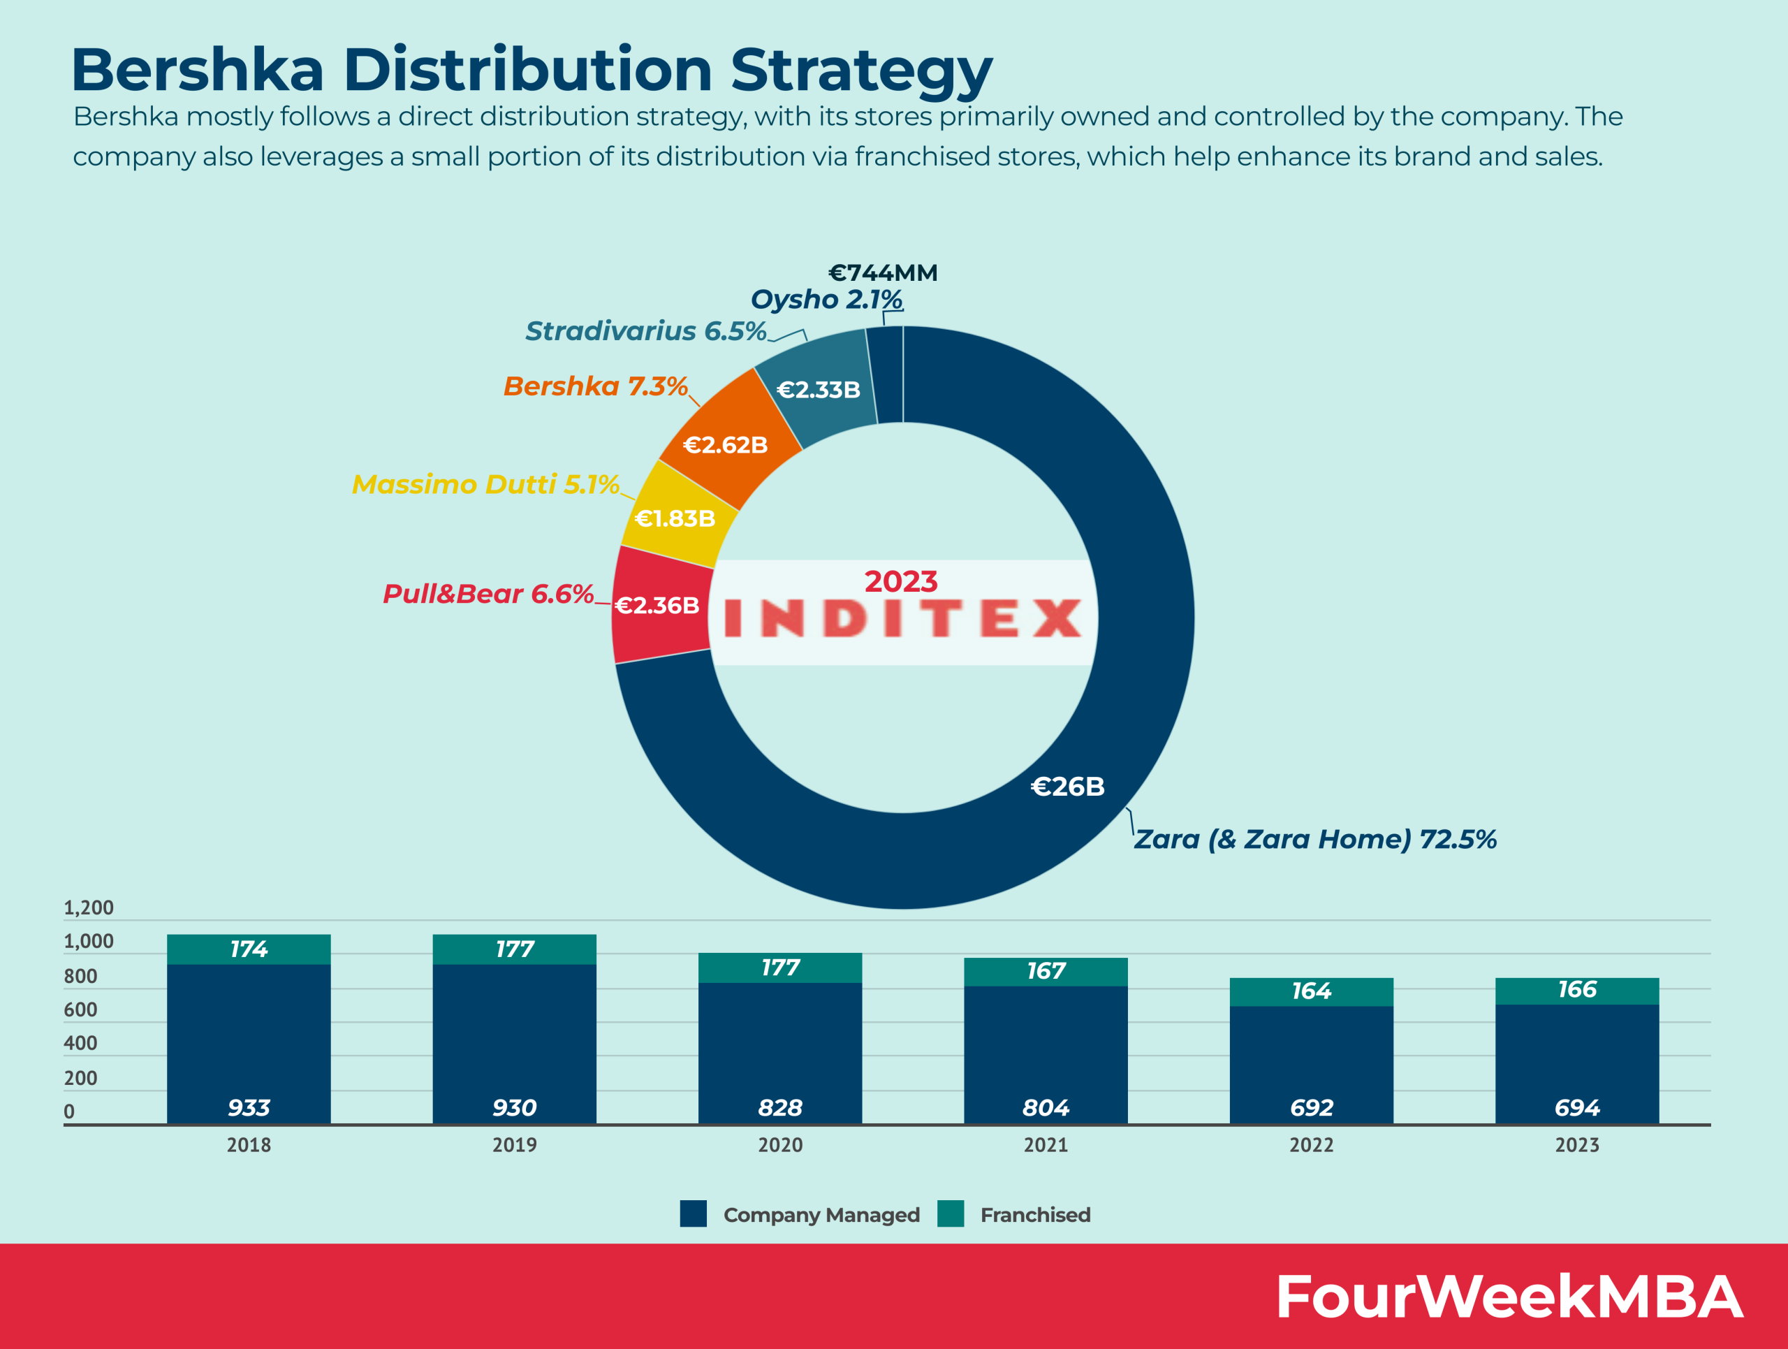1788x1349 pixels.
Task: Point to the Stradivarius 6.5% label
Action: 645,330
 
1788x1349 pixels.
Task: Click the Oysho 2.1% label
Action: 826,299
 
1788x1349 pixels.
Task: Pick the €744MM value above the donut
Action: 883,272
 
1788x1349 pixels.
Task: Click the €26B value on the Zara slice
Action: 1067,786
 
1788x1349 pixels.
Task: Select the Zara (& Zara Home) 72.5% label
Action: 1314,839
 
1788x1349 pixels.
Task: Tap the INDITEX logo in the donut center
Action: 902,618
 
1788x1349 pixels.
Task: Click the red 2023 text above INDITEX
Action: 900,581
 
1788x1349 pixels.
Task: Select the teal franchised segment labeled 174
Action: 248,949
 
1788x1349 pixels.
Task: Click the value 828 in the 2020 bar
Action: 780,1107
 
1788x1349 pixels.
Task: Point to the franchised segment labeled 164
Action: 1311,991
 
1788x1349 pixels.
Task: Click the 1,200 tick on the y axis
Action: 89,907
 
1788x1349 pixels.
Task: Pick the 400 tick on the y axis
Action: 81,1043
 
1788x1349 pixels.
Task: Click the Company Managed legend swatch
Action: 693,1214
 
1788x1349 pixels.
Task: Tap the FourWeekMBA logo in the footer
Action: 1509,1297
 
